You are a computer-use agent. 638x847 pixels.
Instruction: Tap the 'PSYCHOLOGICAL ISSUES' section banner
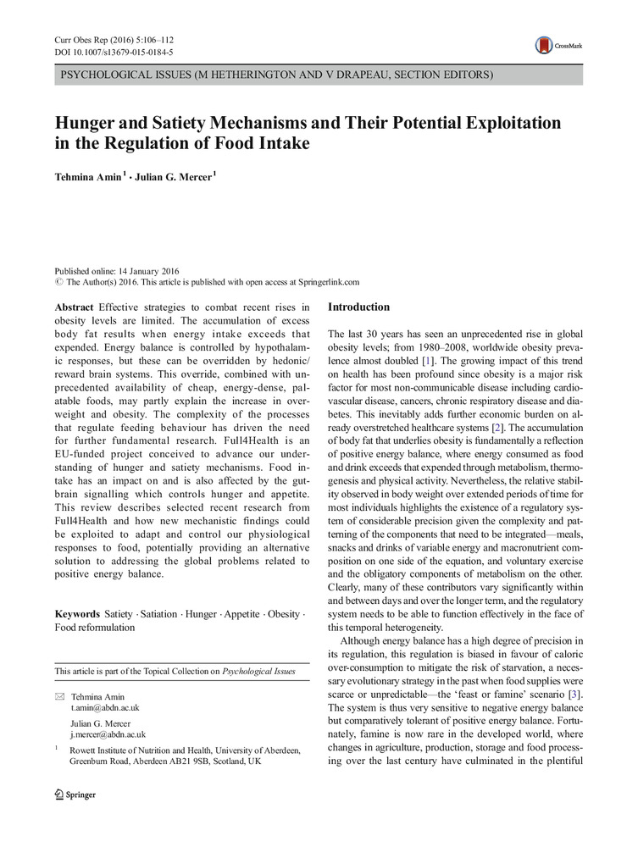click(276, 75)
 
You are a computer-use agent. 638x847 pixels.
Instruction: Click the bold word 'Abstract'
click(75, 306)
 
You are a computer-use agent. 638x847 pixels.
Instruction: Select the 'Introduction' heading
click(358, 307)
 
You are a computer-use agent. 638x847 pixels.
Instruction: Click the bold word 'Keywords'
click(77, 612)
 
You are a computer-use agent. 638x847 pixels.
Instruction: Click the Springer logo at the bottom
click(75, 794)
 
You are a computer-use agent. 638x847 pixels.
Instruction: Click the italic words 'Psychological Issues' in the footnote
click(258, 671)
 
